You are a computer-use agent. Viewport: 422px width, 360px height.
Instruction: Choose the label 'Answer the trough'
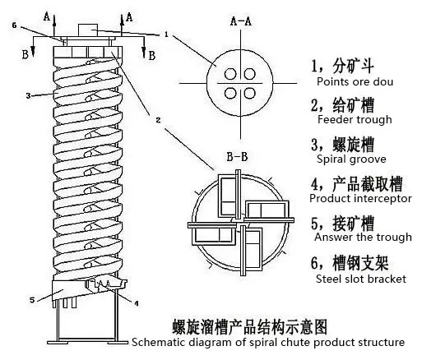(x=363, y=238)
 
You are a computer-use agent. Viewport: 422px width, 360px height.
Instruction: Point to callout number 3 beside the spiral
(x=27, y=96)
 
